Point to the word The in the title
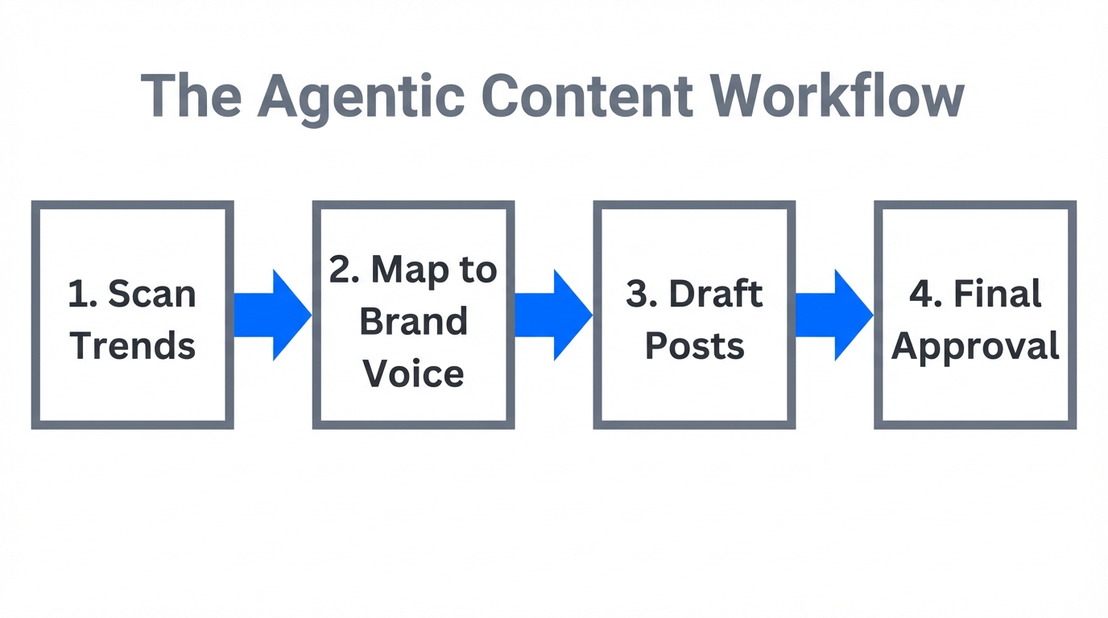point(192,97)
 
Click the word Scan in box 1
point(152,294)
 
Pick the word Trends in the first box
point(133,346)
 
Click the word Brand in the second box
point(413,322)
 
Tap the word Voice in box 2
point(413,374)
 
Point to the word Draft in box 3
point(717,294)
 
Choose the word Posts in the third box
point(695,346)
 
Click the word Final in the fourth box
point(998,294)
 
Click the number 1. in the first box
point(83,294)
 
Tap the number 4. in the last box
point(925,294)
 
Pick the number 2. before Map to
point(345,270)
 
